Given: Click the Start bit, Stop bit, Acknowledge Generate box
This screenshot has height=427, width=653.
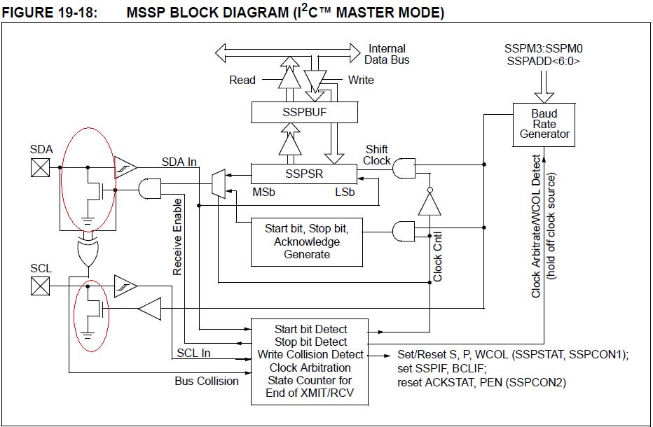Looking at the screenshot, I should (x=307, y=241).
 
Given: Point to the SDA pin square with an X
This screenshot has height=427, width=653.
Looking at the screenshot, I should (x=41, y=167).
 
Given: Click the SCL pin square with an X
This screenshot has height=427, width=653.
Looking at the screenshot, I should (x=41, y=285).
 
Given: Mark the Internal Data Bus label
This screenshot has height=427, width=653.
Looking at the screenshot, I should (x=386, y=54).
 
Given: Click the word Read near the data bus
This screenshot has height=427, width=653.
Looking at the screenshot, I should (x=242, y=80).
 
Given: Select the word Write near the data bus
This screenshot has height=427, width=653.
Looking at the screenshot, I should (x=361, y=80).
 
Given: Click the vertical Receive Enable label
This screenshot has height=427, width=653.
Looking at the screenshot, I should (x=177, y=236).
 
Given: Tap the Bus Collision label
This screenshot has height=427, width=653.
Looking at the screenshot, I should (x=207, y=381).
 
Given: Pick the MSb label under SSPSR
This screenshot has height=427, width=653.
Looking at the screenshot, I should (x=263, y=191).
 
